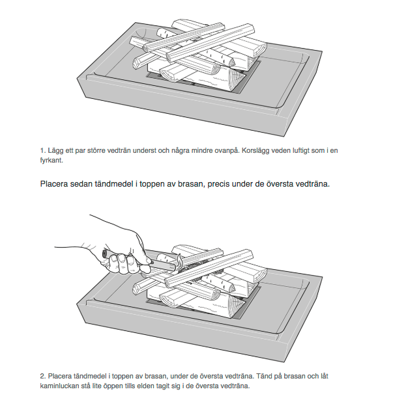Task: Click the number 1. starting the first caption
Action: (43, 151)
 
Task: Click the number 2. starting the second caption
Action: (43, 376)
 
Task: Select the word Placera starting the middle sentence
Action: (55, 183)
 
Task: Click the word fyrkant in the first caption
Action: (51, 160)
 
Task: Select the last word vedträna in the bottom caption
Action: (235, 386)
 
